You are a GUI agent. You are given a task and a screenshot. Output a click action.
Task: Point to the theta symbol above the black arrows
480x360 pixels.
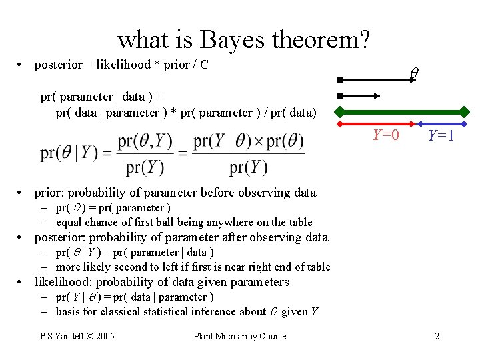tap(413, 73)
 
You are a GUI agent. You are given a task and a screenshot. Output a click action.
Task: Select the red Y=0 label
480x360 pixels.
tap(386, 135)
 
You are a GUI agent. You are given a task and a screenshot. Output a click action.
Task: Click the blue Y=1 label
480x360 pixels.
tap(441, 135)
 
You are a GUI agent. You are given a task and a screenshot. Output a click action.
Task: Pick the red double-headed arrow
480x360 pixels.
tap(378, 124)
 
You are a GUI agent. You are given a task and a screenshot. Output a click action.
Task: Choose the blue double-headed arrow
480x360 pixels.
tap(441, 124)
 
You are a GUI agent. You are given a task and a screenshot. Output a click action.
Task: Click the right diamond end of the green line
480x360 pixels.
tap(465, 111)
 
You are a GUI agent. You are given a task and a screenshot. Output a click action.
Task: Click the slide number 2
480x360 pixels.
tap(437, 336)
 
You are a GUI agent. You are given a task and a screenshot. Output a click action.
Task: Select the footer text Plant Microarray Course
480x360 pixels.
tap(239, 336)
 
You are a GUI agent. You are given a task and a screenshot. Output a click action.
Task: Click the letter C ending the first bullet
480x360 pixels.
tap(205, 65)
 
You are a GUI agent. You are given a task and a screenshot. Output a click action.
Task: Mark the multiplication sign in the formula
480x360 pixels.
tap(253, 142)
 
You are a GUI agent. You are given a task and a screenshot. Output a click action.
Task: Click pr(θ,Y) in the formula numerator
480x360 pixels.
tap(145, 142)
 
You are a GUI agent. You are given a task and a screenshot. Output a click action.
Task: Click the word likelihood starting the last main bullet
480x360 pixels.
tap(65, 282)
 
